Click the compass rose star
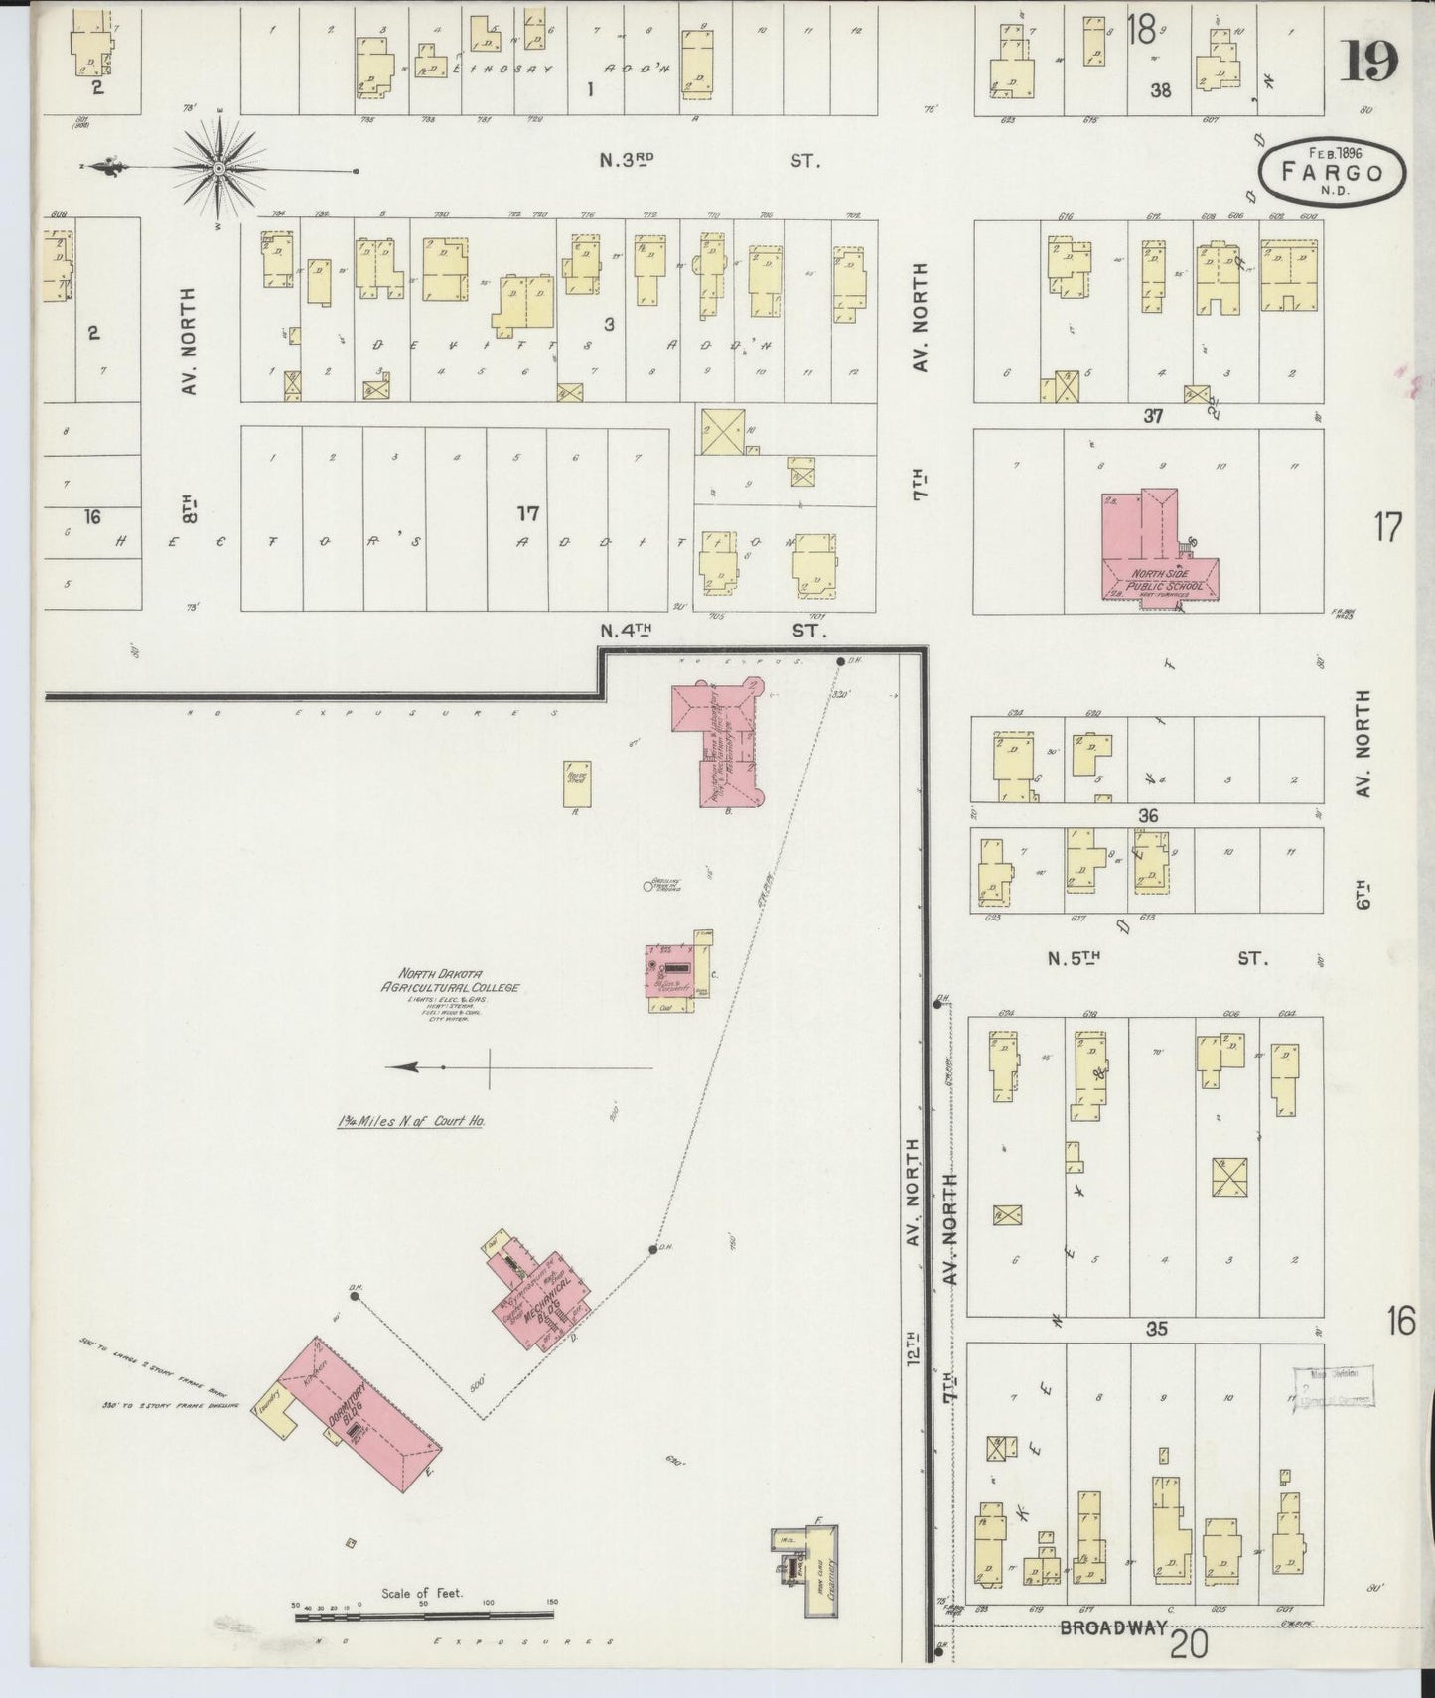click(218, 170)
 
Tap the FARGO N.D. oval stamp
click(1332, 172)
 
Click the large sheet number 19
click(1369, 62)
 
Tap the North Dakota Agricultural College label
click(451, 981)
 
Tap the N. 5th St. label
click(1152, 959)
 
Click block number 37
click(1152, 416)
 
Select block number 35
click(1156, 1328)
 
